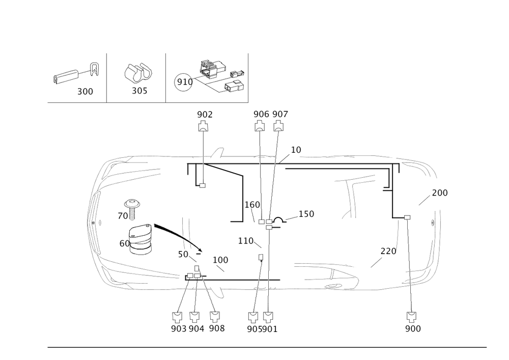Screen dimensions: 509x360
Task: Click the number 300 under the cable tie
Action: (85, 92)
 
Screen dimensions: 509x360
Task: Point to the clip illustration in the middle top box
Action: (136, 74)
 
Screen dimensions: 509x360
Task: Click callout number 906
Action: (261, 114)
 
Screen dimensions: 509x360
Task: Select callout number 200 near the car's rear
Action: (439, 193)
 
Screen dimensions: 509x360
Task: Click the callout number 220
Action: (388, 251)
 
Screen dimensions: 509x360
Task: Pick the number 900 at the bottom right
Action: (413, 329)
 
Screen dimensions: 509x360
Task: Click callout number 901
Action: (270, 329)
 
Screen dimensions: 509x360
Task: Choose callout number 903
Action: (179, 329)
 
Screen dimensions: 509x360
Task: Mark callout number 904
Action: (196, 329)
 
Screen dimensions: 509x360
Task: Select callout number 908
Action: (216, 329)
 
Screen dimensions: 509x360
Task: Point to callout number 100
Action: (220, 260)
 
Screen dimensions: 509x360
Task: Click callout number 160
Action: (252, 205)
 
